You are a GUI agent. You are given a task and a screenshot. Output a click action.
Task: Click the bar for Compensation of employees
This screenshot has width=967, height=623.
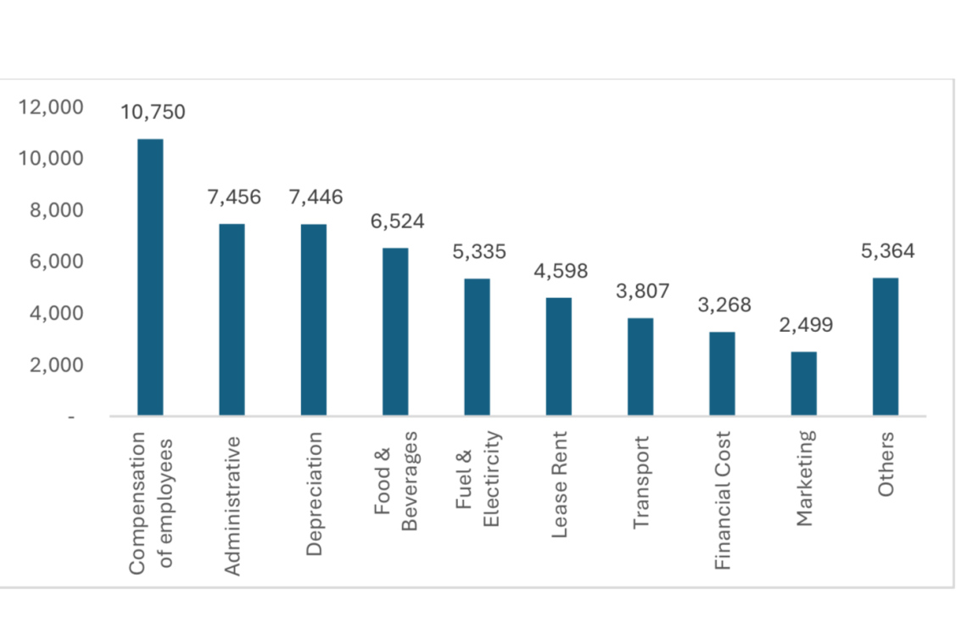[149, 278]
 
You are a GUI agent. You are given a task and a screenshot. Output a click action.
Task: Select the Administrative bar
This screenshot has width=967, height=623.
[232, 320]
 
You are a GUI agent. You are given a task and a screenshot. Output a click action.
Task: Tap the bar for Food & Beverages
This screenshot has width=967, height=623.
[395, 332]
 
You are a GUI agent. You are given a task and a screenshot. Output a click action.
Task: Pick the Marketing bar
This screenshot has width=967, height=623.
[803, 384]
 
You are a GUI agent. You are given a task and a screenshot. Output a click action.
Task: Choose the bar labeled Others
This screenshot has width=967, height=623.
[885, 347]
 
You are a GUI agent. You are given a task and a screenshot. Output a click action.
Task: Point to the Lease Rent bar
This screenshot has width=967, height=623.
[559, 356]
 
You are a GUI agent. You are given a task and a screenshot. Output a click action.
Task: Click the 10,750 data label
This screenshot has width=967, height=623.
[153, 112]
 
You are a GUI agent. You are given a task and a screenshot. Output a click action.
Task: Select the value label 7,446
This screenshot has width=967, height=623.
[316, 198]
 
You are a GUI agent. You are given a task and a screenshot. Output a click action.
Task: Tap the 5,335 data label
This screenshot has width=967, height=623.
[478, 251]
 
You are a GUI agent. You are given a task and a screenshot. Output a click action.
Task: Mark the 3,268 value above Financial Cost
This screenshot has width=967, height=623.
[724, 305]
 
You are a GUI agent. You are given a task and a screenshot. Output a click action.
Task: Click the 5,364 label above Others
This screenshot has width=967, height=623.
[886, 251]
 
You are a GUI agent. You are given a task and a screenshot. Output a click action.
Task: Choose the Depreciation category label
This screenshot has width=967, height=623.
[315, 493]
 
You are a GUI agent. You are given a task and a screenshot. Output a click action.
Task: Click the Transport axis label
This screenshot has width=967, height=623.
[641, 482]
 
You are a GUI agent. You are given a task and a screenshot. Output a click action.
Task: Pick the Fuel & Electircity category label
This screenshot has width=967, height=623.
[478, 480]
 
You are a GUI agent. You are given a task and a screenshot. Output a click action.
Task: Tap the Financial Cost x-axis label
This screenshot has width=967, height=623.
[722, 500]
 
